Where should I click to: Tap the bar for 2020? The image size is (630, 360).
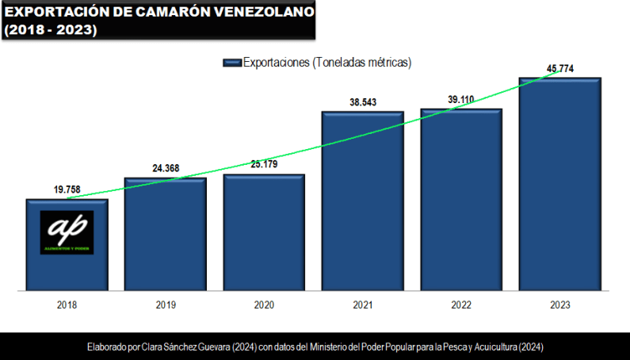264,233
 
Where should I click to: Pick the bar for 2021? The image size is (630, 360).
362,201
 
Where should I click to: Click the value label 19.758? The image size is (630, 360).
67,190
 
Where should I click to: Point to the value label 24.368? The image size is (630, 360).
165,168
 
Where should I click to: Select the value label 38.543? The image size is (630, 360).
362,102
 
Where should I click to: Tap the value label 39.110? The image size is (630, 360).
461,99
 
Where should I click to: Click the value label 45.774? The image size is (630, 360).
559,69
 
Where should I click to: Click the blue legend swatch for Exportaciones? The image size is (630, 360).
231,63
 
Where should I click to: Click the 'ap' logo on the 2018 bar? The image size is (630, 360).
67,232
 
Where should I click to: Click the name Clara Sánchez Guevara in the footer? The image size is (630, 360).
178,347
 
